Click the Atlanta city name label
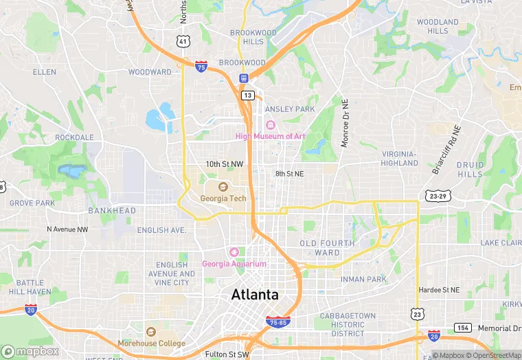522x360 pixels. click(x=255, y=295)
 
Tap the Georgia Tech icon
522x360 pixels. click(x=223, y=187)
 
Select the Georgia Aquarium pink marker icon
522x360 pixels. click(x=234, y=253)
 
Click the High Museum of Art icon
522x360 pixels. click(x=270, y=125)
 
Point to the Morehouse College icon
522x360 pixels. click(x=151, y=332)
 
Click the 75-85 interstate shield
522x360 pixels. click(x=277, y=321)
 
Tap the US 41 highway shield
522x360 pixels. click(x=182, y=41)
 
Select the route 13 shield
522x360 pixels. click(x=247, y=95)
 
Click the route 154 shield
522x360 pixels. click(x=464, y=328)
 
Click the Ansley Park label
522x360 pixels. click(x=289, y=109)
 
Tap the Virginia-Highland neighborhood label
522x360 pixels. click(x=399, y=158)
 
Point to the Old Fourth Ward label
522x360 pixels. click(x=327, y=247)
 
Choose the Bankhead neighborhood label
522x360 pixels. click(x=112, y=210)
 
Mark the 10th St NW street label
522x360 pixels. click(x=225, y=164)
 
